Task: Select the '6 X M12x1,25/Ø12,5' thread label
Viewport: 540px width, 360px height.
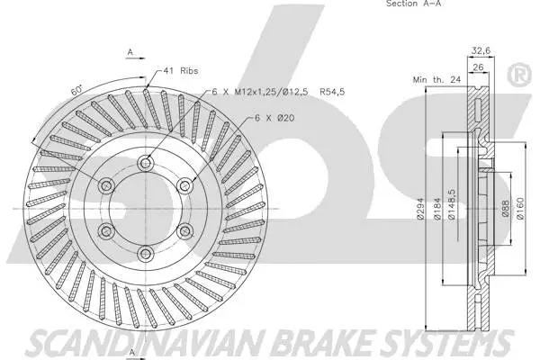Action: (260, 91)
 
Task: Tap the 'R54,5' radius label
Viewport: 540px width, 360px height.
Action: (333, 91)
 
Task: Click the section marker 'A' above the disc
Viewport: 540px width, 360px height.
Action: (130, 53)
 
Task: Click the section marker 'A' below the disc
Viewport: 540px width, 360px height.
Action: (130, 348)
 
